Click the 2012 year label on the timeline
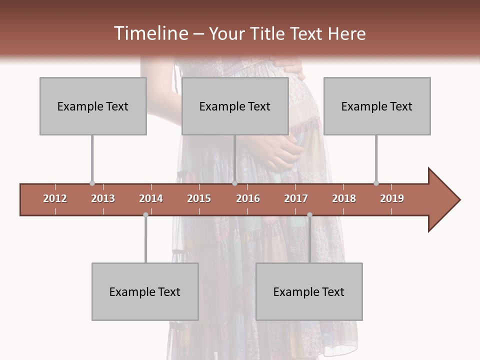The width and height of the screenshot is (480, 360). (55, 198)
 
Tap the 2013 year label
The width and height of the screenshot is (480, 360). (103, 198)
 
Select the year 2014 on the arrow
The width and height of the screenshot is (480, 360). (151, 198)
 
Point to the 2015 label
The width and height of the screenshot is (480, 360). (199, 198)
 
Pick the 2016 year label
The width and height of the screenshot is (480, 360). (248, 198)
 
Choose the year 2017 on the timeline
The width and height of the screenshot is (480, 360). (296, 198)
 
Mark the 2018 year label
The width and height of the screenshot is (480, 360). (344, 198)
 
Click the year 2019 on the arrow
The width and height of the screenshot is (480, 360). (392, 198)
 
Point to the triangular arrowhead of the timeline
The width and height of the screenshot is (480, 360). (443, 199)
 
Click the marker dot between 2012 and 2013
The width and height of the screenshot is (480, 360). (92, 183)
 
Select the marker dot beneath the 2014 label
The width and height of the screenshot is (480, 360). (145, 215)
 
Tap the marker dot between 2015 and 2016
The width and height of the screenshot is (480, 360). (234, 183)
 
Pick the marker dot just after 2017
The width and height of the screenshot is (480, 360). (309, 215)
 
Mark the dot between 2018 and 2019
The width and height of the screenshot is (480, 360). (376, 183)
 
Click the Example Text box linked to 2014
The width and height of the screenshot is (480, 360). (145, 291)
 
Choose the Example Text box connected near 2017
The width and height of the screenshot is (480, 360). (309, 291)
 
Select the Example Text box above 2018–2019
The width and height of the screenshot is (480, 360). (377, 106)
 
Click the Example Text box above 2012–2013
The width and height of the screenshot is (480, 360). (93, 106)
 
